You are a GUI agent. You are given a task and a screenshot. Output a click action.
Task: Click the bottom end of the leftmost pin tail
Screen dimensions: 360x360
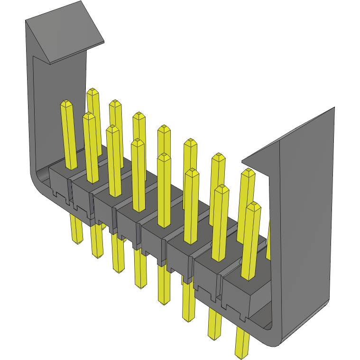tap(77, 242)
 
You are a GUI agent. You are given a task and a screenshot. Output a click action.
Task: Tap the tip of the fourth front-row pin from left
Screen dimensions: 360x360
tap(138, 141)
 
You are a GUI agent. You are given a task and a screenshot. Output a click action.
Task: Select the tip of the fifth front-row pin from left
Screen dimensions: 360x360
tap(164, 157)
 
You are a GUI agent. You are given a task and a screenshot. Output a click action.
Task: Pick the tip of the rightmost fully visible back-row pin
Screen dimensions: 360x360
tap(247, 172)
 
